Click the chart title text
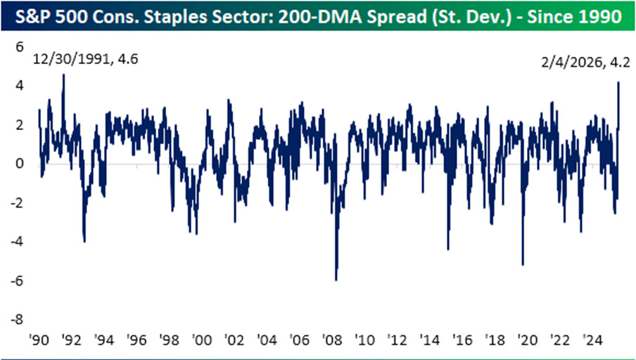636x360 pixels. [318, 15]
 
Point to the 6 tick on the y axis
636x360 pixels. [20, 47]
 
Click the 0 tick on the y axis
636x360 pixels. [20, 164]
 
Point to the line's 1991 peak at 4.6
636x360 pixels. [64, 75]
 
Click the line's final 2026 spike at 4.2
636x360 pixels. [618, 83]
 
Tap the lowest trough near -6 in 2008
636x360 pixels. [336, 280]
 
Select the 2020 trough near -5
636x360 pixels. [523, 264]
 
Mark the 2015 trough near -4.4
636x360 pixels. [448, 249]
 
